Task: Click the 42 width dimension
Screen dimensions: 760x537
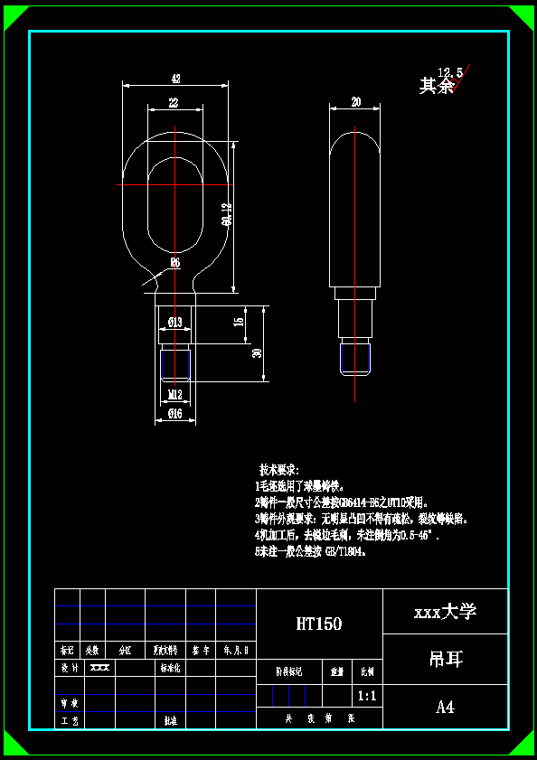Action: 175,79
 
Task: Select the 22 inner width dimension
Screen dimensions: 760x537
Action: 174,103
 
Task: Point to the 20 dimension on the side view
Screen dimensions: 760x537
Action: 355,102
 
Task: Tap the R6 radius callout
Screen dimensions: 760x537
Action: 174,262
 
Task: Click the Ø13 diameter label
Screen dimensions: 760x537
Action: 174,323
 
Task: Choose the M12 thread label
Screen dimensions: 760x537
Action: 175,393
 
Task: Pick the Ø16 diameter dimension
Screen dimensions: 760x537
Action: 174,414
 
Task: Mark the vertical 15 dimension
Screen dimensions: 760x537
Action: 239,322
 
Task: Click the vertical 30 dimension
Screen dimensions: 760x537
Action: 258,352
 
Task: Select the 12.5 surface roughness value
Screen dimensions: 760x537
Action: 450,72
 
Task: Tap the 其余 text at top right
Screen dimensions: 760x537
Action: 436,87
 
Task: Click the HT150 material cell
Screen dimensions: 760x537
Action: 319,624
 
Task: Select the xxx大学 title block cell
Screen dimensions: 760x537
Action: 445,612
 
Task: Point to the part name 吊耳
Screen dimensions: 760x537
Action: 445,659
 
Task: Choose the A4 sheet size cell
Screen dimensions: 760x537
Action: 445,707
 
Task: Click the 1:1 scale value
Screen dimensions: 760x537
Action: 367,696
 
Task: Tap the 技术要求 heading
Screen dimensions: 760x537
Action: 278,471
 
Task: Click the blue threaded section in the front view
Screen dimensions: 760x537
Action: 175,364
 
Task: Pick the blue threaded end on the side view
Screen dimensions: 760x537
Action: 355,359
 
